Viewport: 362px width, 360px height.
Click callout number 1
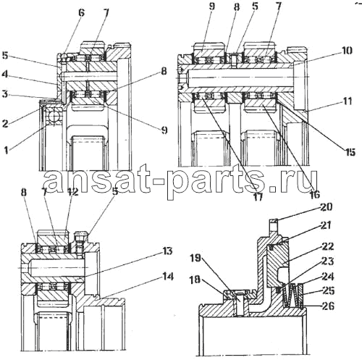[7, 150]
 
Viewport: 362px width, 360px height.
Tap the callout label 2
[5, 124]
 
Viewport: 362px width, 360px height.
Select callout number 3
[5, 94]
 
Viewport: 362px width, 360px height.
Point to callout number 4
[5, 74]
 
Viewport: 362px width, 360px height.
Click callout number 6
[82, 13]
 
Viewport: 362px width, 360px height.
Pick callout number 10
[347, 51]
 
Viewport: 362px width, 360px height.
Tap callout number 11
[348, 101]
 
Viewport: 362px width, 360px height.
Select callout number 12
[72, 192]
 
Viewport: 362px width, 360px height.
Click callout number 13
[167, 251]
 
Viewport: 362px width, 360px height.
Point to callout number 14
[167, 276]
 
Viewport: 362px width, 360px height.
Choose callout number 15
[350, 152]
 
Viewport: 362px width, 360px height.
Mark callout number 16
[315, 194]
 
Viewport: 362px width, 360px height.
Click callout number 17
[258, 197]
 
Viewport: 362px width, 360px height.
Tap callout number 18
[195, 280]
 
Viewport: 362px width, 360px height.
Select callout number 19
[195, 259]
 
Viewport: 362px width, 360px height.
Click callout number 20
[326, 207]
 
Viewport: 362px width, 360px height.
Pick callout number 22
[327, 246]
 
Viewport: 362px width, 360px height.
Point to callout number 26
[328, 306]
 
